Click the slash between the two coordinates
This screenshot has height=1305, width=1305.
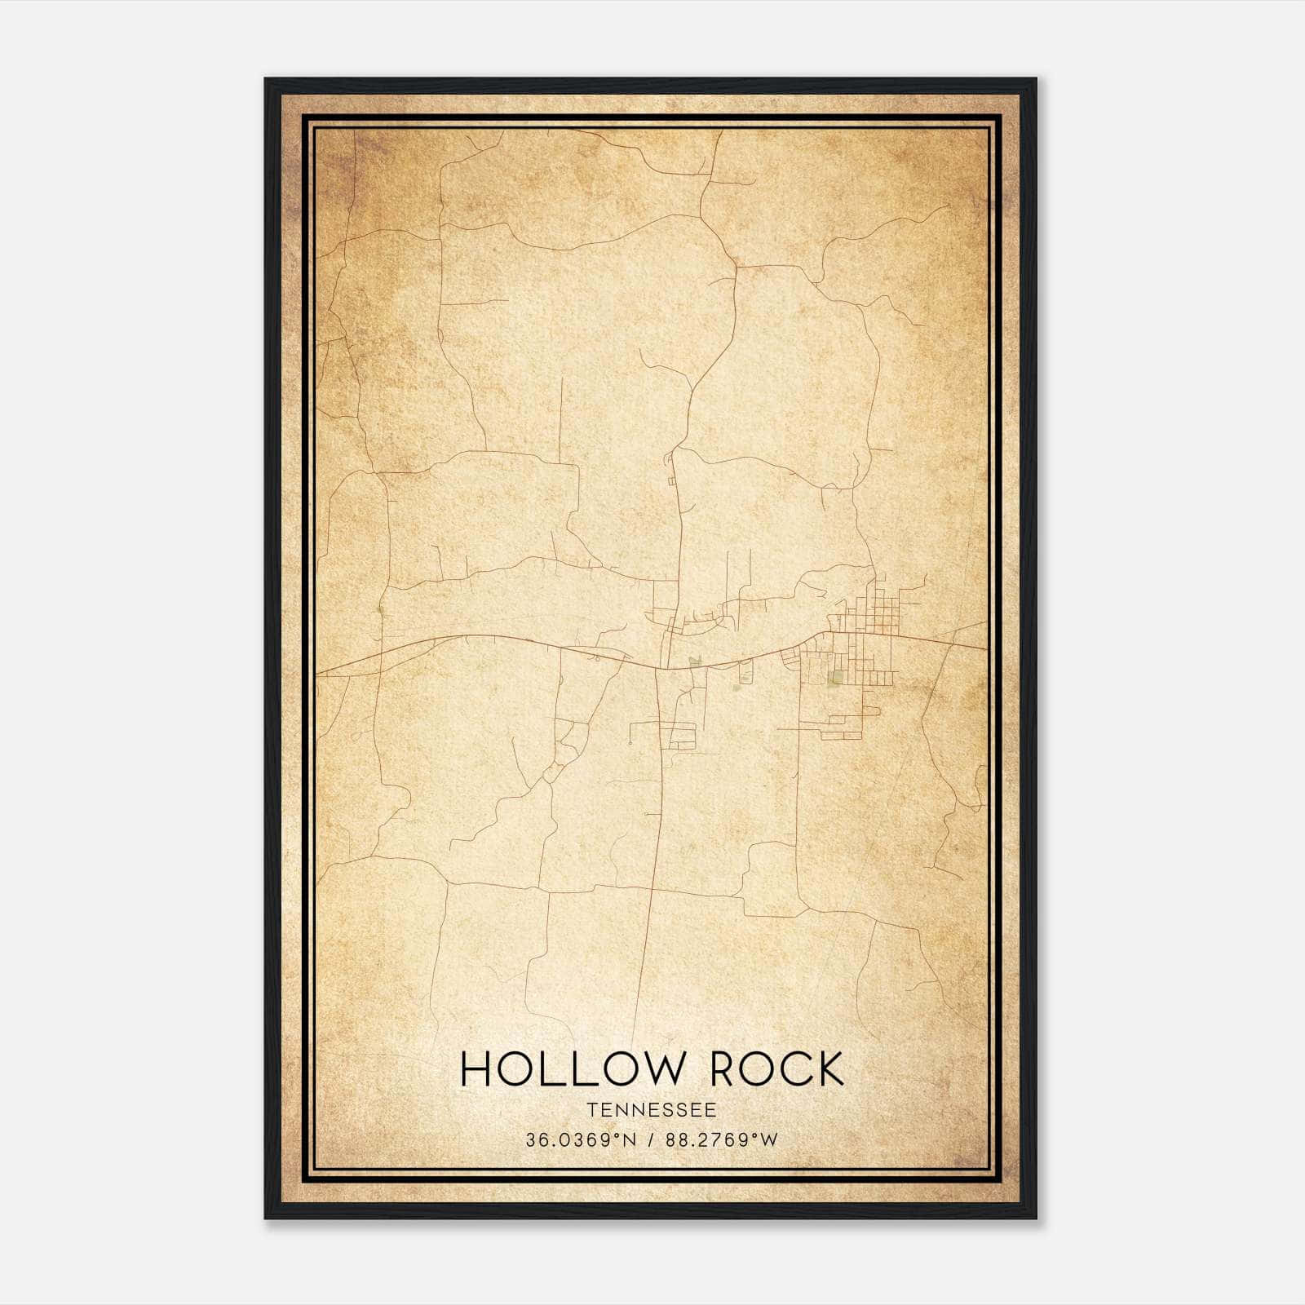[x=651, y=1140]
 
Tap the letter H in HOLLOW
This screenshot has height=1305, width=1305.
[x=477, y=1069]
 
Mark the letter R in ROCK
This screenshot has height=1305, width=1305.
[x=726, y=1069]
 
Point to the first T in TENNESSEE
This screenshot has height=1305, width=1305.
[x=591, y=1110]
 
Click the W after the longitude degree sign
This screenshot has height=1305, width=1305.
[x=770, y=1140]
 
